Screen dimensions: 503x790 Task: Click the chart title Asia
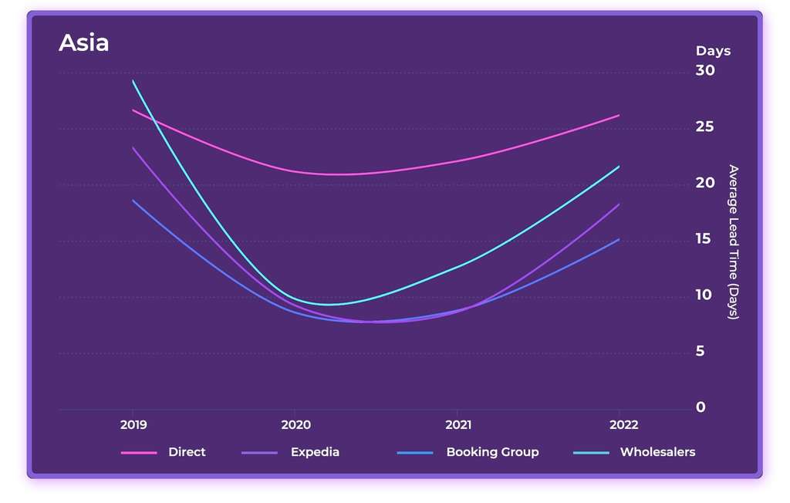tap(83, 43)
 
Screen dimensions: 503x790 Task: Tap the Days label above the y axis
tap(712, 51)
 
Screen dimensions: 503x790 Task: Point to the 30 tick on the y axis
tap(705, 70)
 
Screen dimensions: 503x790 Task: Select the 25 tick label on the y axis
tap(705, 127)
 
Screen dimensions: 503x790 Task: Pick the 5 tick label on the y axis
tap(701, 351)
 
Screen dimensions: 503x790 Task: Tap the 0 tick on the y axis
tap(701, 407)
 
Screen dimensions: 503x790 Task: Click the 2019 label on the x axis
tap(133, 425)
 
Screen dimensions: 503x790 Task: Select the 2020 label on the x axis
tap(295, 425)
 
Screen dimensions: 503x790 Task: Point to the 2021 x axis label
tap(458, 425)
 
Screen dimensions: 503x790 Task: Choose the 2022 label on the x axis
tap(623, 425)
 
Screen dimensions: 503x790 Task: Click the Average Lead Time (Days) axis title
tap(733, 242)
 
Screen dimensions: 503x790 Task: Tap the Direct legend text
tap(187, 452)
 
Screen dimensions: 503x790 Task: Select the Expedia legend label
tap(315, 452)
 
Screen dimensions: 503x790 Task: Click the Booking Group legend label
tap(492, 452)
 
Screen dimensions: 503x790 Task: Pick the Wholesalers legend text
tap(657, 452)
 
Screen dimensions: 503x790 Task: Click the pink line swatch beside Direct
tap(139, 453)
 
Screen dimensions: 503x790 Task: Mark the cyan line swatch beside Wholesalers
tap(590, 453)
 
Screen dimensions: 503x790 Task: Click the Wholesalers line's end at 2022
tap(619, 167)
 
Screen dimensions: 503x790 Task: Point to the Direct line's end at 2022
tap(619, 115)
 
